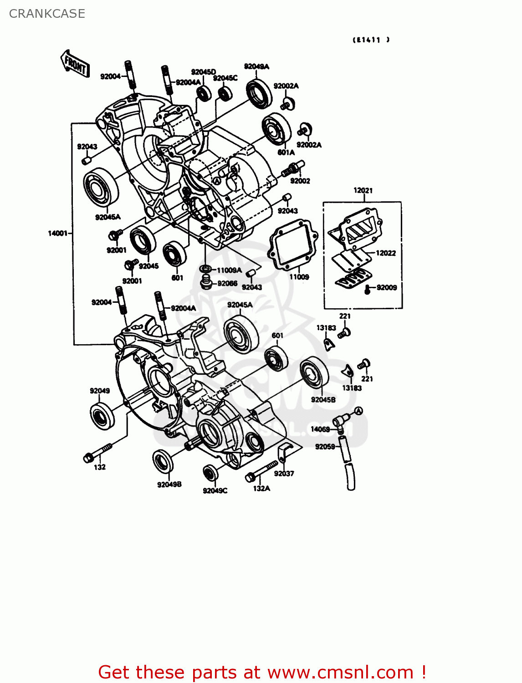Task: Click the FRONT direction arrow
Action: [75, 64]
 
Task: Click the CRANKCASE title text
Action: [47, 14]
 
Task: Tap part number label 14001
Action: [57, 233]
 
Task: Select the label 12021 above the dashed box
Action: [363, 190]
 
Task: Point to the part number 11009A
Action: [229, 270]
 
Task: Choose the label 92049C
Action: [215, 490]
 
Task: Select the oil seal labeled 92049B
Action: [163, 461]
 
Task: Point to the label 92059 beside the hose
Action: [325, 447]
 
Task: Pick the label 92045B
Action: [323, 400]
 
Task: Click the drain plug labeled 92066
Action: [206, 282]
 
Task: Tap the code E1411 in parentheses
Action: [371, 40]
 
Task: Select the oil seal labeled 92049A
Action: [259, 94]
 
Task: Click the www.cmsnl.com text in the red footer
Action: [340, 672]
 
